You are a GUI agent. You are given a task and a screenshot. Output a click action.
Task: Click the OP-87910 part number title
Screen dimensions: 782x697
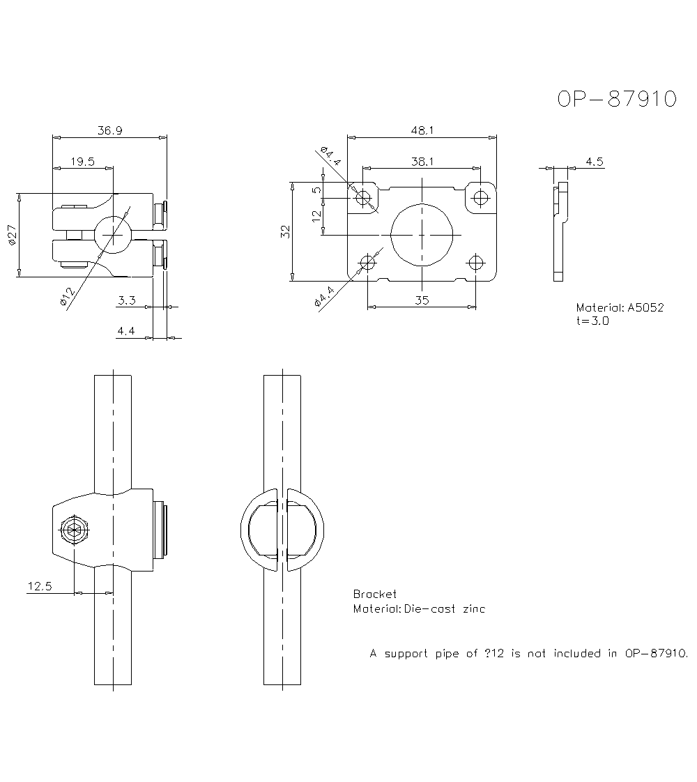tap(617, 99)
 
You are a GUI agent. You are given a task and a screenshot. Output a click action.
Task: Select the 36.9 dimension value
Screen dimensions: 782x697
tap(110, 130)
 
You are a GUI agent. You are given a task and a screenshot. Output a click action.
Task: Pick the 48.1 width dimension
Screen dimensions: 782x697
tap(422, 130)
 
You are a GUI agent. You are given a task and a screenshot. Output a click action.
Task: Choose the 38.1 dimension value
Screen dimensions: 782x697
tap(422, 161)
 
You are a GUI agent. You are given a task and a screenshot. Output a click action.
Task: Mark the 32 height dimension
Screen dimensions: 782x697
tap(285, 233)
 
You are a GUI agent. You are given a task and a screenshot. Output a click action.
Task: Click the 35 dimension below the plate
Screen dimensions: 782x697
tap(421, 300)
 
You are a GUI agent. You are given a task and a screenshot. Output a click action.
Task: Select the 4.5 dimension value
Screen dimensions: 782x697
tap(594, 162)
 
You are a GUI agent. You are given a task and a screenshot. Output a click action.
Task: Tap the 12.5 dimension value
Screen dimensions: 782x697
tap(39, 586)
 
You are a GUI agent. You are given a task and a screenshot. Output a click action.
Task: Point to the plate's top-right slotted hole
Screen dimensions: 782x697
tap(479, 197)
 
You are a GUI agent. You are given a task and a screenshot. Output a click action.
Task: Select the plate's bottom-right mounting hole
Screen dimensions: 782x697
tap(477, 263)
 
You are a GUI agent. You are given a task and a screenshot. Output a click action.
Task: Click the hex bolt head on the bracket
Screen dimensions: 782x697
tap(74, 530)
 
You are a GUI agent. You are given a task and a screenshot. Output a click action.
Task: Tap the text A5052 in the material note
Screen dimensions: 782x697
tap(645, 307)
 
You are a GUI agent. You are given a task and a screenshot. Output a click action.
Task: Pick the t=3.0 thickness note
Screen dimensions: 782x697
tap(592, 321)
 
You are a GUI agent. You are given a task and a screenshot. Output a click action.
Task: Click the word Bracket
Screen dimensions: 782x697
tap(374, 594)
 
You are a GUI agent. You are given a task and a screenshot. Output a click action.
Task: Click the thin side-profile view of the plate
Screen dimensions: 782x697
tap(560, 231)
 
